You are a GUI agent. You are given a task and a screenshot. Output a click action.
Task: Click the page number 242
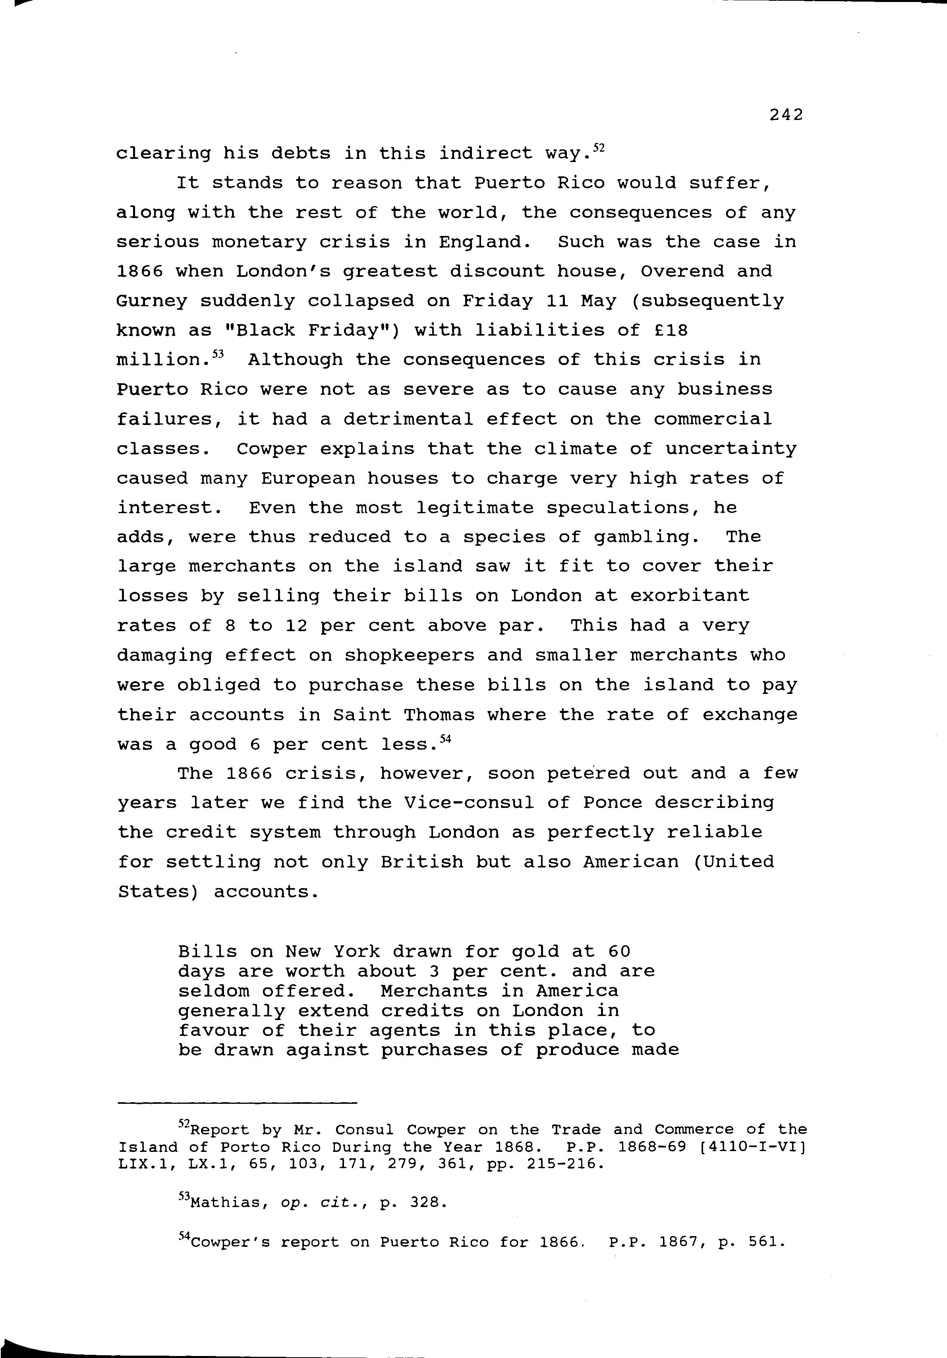click(786, 115)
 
